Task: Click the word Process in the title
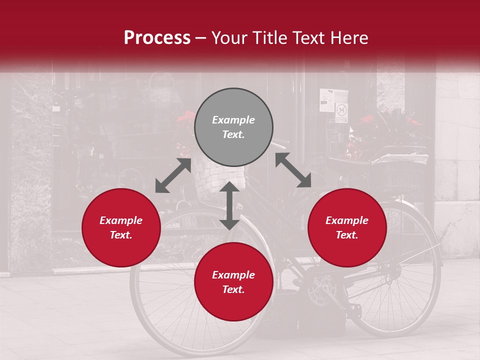pyautogui.click(x=157, y=38)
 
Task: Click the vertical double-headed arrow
pyautogui.click(x=229, y=205)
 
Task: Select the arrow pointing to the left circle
pyautogui.click(x=173, y=175)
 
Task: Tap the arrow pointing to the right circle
pyautogui.click(x=293, y=170)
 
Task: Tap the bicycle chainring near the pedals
pyautogui.click(x=320, y=290)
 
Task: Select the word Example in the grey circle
pyautogui.click(x=233, y=120)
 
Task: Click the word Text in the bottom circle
pyautogui.click(x=233, y=289)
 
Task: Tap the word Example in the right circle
pyautogui.click(x=347, y=220)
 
